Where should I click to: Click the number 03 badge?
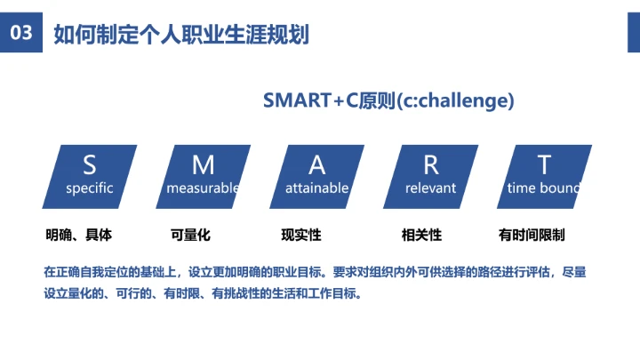[20, 34]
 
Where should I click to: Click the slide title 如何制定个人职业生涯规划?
[181, 35]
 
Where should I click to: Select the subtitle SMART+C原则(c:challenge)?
[388, 100]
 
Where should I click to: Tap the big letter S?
[90, 164]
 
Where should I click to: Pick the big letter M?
[204, 164]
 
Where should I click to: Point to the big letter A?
[317, 164]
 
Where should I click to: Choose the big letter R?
[431, 164]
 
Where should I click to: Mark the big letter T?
[544, 164]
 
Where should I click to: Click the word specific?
[90, 188]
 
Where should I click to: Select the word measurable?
[204, 188]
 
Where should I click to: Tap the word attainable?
[317, 188]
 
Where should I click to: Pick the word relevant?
[430, 188]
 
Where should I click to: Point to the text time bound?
[543, 188]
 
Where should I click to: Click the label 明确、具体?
[79, 236]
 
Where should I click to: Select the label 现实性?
[300, 236]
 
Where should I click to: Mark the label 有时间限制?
[532, 236]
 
